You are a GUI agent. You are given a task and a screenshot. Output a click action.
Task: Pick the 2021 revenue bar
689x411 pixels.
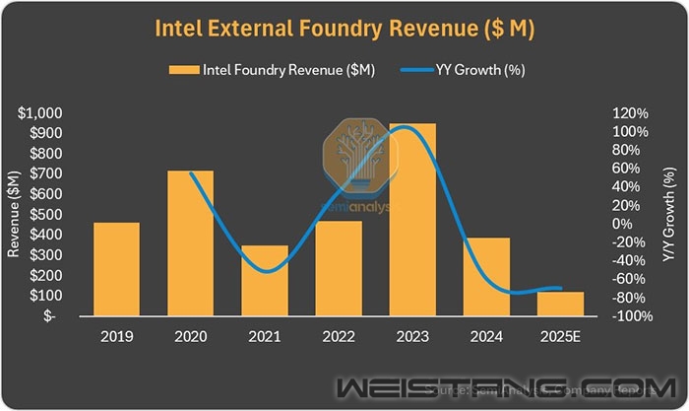(x=264, y=280)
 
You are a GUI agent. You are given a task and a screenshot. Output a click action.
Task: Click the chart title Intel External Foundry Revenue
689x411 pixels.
(x=344, y=30)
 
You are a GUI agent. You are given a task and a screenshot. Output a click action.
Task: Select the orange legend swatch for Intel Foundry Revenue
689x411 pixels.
(x=183, y=70)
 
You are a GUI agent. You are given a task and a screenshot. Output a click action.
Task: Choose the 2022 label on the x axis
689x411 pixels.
(x=338, y=336)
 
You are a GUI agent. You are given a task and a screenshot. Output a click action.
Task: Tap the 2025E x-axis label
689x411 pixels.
(x=560, y=336)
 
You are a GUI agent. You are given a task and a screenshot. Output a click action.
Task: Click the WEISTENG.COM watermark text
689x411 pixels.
(x=492, y=385)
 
